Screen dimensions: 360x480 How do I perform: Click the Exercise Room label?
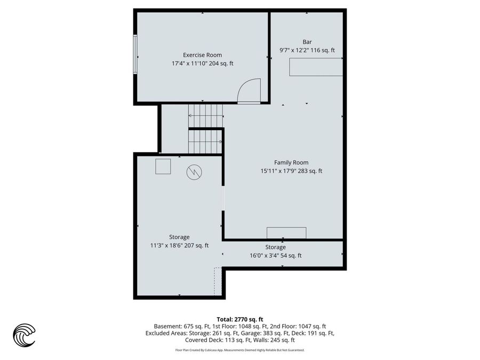(202, 55)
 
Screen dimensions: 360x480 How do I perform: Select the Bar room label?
(307, 42)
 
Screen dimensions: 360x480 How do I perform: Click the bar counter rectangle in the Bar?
(315, 67)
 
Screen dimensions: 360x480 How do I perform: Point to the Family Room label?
(291, 163)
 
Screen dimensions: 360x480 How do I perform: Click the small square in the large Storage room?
(163, 166)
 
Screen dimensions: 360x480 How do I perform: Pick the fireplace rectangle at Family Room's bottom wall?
(286, 233)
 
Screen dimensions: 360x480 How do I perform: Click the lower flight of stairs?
(205, 141)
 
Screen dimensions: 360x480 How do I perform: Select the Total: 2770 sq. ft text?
(239, 318)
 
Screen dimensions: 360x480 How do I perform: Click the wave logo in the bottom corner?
(24, 335)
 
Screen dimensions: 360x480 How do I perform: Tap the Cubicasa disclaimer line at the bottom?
(239, 350)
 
